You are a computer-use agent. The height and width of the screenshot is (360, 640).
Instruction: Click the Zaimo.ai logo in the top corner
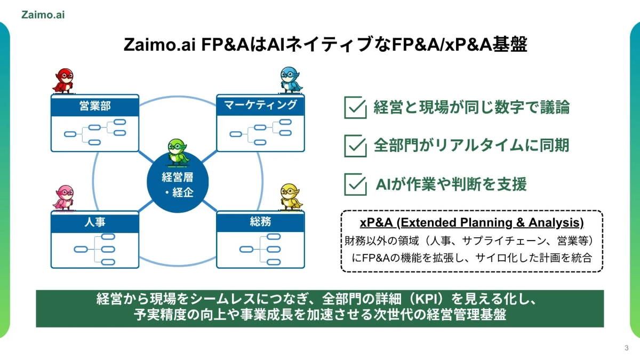44,15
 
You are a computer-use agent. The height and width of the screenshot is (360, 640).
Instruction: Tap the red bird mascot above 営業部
65,81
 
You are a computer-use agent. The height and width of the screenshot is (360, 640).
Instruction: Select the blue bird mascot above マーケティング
291,79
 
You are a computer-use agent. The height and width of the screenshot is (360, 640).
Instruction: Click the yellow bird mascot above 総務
291,197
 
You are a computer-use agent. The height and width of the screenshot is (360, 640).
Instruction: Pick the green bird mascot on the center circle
177,151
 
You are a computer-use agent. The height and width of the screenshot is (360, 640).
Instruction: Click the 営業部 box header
95,106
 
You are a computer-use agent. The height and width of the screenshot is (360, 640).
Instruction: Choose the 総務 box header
260,221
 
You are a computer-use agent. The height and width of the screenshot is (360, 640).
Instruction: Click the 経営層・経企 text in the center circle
178,185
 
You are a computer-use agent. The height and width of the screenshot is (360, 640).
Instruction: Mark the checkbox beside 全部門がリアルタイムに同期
355,146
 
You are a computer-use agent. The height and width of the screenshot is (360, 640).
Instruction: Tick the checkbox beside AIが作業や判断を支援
355,184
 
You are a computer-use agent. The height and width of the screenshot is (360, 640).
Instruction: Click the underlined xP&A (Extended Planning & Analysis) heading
471,222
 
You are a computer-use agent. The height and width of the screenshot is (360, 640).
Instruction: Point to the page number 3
626,348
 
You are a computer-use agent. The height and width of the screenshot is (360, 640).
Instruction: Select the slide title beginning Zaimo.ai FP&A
325,45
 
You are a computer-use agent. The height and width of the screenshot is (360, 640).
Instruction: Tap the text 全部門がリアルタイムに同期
471,146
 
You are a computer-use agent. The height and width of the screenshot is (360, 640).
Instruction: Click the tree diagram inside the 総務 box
260,249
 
